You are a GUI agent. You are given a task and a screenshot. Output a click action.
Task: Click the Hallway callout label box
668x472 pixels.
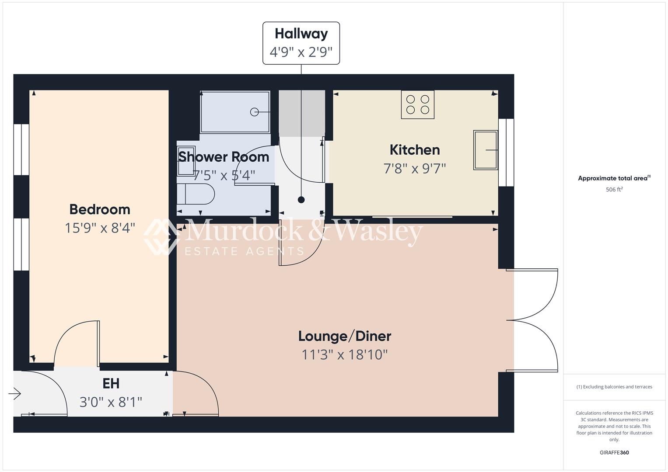point(301,43)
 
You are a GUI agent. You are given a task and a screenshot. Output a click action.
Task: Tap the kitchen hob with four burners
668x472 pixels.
point(418,104)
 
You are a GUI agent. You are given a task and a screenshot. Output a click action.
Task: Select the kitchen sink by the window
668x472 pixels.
point(486,150)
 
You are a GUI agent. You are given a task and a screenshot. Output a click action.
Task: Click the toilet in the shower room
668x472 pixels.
point(196,194)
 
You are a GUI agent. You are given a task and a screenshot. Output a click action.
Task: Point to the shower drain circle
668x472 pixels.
point(254,112)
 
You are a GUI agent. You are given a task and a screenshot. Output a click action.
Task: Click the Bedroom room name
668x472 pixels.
point(100,209)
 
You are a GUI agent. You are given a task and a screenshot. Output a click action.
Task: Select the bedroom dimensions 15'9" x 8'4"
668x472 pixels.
point(100,228)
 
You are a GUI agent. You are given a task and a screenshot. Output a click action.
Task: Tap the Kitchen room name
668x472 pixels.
point(415,150)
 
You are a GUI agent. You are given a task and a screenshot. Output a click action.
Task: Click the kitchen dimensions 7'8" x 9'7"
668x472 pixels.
point(415,168)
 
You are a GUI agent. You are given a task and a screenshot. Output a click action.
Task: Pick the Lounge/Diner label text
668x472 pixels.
point(345,336)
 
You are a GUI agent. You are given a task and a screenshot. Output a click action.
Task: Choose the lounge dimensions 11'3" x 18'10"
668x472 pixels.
point(345,354)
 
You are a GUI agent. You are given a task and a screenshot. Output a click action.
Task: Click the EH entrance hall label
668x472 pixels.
point(111,384)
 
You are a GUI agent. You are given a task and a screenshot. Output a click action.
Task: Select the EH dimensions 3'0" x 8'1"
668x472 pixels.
point(111,402)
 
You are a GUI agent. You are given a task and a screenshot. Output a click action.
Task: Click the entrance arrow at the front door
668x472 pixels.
point(15,394)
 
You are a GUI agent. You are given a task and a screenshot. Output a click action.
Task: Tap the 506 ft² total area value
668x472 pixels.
point(614,190)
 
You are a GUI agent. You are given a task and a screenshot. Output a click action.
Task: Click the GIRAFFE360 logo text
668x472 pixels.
point(614,452)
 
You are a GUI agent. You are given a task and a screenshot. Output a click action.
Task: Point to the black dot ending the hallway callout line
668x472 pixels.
point(301,200)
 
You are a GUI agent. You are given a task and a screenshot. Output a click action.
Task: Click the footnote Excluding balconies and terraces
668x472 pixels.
point(614,387)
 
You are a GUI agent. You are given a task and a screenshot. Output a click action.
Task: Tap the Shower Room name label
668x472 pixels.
point(224,157)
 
